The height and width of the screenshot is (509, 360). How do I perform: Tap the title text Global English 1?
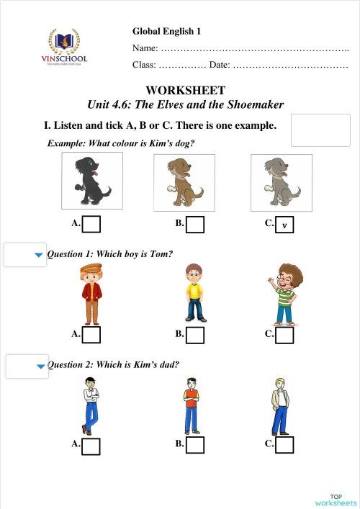(x=166, y=31)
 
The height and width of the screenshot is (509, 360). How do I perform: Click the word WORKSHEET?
(x=185, y=90)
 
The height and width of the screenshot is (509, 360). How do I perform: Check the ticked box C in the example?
(x=285, y=225)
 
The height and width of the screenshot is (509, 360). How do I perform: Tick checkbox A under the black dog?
(x=91, y=225)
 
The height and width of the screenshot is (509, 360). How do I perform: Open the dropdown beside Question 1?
(x=26, y=255)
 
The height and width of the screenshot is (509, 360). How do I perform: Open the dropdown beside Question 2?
(x=27, y=366)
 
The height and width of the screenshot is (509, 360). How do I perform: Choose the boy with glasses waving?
(x=287, y=294)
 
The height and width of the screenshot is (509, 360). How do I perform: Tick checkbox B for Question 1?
(x=195, y=335)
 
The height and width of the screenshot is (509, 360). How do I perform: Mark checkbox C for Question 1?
(x=284, y=335)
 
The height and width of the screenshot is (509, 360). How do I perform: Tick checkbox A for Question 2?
(x=91, y=446)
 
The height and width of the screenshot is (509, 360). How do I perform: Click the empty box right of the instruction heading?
(x=320, y=130)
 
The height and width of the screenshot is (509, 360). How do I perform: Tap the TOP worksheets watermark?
(x=335, y=499)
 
